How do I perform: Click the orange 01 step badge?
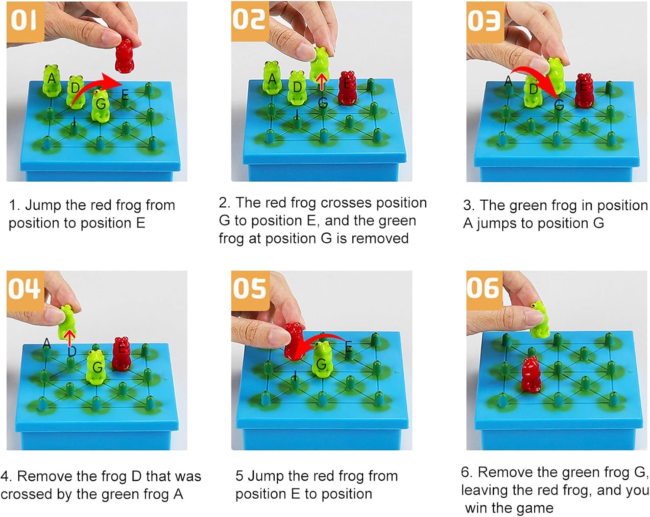[25, 21]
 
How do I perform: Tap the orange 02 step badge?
[250, 21]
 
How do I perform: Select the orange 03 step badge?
[485, 22]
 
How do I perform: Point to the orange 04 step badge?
[26, 291]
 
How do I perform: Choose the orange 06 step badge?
[484, 290]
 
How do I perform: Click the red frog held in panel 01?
[124, 56]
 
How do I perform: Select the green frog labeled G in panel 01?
[101, 105]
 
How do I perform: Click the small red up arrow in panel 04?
[70, 338]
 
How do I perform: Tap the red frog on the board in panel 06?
[532, 375]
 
